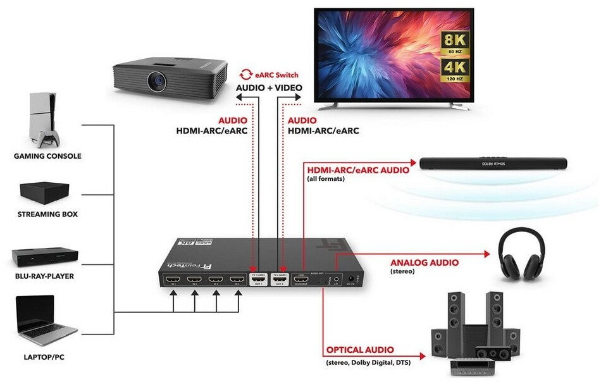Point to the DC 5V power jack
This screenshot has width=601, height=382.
(x=359, y=278)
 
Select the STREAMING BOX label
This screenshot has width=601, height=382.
(x=47, y=214)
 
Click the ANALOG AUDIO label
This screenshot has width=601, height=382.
(x=424, y=262)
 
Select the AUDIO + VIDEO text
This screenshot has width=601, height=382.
(x=269, y=87)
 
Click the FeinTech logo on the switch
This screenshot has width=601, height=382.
(x=190, y=257)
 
